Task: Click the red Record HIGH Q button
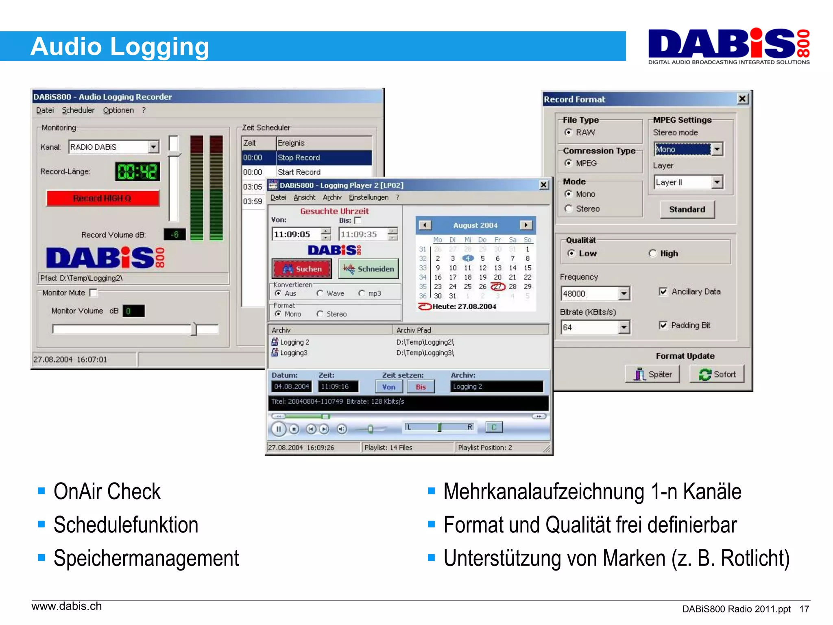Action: (x=102, y=198)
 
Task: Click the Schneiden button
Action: (x=369, y=269)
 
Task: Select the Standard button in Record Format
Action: (x=687, y=210)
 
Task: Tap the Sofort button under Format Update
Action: (x=717, y=374)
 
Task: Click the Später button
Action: (x=652, y=374)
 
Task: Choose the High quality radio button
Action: (x=653, y=253)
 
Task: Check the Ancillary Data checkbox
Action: (x=663, y=292)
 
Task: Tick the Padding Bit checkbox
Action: (x=663, y=326)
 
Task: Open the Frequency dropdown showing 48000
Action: (x=624, y=293)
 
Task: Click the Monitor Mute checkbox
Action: (x=94, y=293)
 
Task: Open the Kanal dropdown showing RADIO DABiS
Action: (x=153, y=147)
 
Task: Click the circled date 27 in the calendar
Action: (x=498, y=287)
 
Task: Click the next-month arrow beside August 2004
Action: (x=526, y=225)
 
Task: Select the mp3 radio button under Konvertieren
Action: (x=362, y=293)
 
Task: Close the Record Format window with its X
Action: (x=742, y=99)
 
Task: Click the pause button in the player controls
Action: (x=279, y=429)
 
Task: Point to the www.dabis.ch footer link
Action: (x=67, y=606)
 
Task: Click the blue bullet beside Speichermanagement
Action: (x=41, y=557)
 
